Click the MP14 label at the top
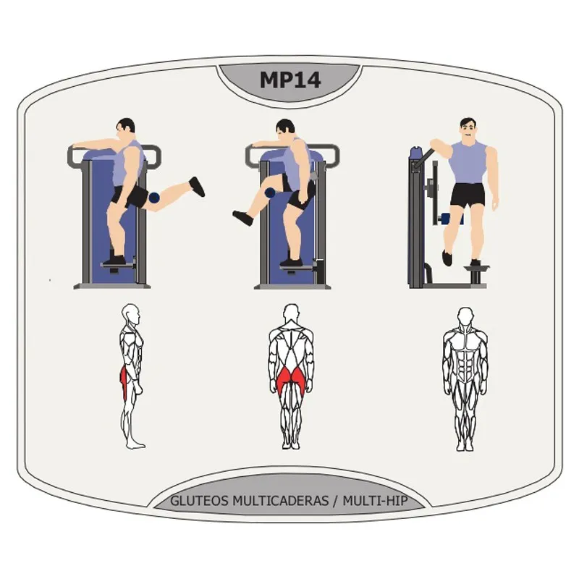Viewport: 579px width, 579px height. pyautogui.click(x=289, y=80)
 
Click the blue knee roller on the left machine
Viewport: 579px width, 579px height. pyautogui.click(x=153, y=197)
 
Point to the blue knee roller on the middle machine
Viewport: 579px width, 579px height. pyautogui.click(x=269, y=193)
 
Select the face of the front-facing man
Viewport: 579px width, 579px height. pyautogui.click(x=468, y=131)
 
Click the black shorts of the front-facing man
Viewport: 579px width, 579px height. pyautogui.click(x=467, y=195)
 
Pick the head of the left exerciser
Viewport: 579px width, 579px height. pyautogui.click(x=127, y=129)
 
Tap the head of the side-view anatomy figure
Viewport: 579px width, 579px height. pyautogui.click(x=130, y=315)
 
